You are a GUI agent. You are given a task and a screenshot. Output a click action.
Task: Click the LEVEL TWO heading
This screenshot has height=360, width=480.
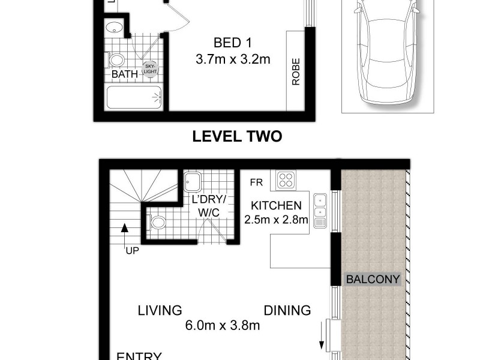(236, 137)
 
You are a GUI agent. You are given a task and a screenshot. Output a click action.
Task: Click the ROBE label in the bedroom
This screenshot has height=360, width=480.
(296, 71)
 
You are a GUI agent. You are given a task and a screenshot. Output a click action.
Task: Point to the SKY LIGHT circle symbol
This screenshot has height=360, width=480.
(148, 68)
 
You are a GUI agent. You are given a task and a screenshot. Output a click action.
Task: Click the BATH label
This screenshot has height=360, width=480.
(125, 74)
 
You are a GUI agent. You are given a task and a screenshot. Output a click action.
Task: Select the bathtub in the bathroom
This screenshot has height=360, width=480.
(134, 98)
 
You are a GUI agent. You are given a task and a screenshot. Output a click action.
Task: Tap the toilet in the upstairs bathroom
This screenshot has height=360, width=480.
(116, 60)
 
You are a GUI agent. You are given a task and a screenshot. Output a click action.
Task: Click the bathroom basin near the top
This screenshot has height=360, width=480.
(113, 28)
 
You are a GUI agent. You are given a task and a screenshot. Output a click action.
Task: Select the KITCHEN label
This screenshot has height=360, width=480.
(276, 205)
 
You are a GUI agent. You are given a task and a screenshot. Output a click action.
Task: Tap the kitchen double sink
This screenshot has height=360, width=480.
(320, 206)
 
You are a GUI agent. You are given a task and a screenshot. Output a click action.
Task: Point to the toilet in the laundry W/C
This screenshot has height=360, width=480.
(157, 223)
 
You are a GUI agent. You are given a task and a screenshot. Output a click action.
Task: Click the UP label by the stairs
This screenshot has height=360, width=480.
(132, 250)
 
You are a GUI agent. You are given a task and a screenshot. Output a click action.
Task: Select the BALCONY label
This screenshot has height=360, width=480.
(372, 280)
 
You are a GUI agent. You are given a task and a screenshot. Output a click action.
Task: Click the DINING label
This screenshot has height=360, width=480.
(288, 310)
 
